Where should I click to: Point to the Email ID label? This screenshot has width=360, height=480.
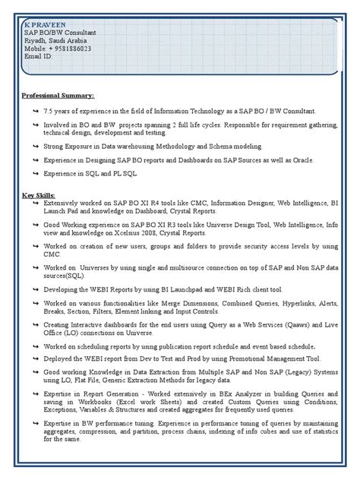(38, 56)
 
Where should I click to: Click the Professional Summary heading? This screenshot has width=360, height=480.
(58, 96)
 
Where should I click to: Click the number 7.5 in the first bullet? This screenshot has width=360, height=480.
(49, 112)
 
